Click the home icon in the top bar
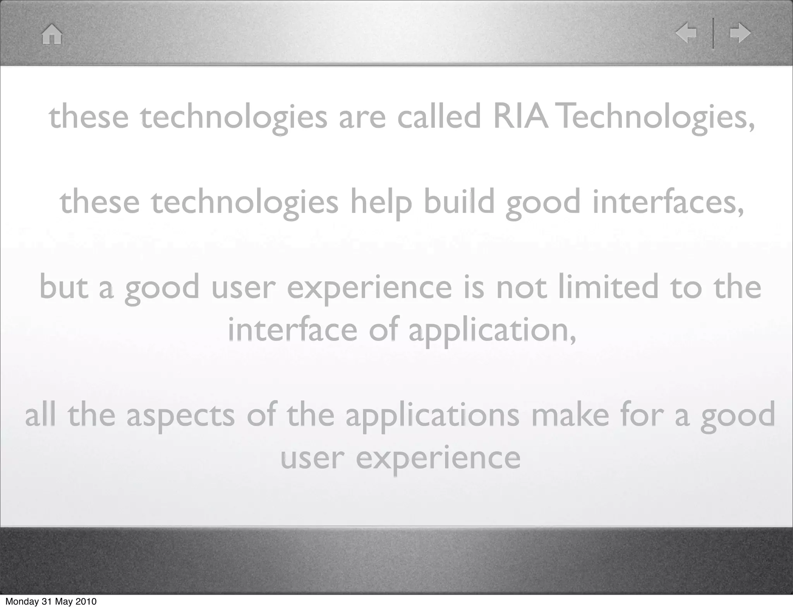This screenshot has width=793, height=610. [52, 34]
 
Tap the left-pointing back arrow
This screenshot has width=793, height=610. [686, 33]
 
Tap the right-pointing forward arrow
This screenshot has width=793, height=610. [740, 33]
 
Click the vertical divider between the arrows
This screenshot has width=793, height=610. [713, 33]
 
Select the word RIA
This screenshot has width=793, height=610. [520, 117]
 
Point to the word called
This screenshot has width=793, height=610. [439, 117]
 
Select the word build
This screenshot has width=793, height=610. [459, 202]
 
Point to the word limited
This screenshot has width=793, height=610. [608, 288]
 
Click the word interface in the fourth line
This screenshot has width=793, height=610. [292, 330]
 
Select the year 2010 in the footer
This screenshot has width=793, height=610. [86, 602]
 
